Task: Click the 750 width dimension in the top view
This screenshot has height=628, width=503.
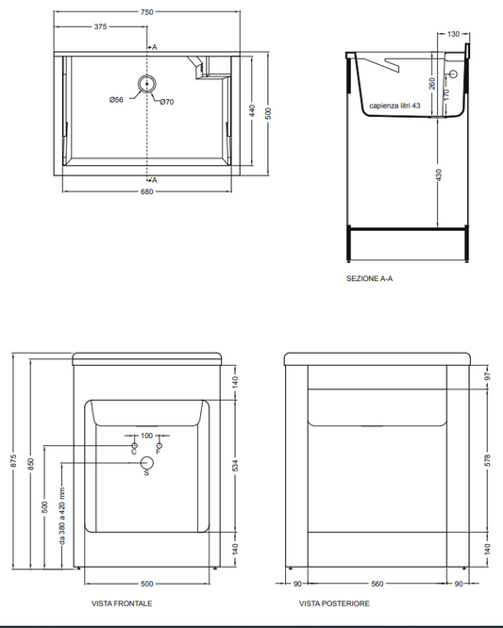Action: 146,12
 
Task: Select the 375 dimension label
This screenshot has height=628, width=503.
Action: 100,26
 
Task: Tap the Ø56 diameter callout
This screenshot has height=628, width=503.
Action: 116,100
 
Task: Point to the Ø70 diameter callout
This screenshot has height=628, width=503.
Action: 167,102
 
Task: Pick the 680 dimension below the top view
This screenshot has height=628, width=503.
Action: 146,191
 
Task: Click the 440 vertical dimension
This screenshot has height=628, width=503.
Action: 252,110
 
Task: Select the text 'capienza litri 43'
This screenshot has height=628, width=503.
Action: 394,106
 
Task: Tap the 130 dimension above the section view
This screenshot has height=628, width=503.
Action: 453,34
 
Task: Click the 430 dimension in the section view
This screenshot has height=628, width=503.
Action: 439,175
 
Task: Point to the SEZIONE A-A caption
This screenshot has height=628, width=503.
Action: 370,278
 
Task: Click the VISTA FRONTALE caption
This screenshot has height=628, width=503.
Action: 122,603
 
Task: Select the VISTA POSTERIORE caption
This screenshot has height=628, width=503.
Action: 334,603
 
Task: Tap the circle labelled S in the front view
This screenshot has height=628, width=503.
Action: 147,463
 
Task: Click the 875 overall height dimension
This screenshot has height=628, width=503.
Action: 13,460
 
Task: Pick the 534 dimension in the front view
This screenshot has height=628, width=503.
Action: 235,466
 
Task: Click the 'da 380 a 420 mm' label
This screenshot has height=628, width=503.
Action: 62,516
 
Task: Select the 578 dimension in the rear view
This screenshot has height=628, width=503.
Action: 487,460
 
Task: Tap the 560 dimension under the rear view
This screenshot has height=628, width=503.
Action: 377,584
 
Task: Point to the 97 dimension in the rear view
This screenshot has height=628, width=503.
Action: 487,376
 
